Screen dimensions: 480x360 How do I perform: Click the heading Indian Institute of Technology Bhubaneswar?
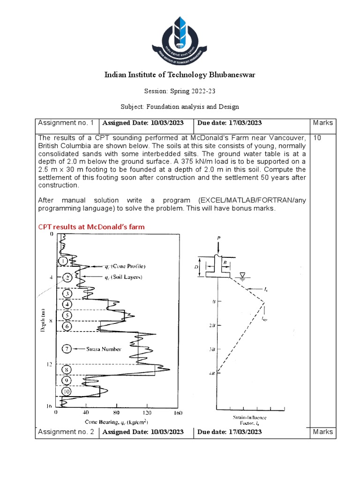180,75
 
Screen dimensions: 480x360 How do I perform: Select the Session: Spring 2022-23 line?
180,91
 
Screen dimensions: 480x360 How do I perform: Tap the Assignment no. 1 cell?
66,123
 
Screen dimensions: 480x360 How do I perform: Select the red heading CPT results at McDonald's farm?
91,227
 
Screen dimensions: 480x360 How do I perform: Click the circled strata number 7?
67,349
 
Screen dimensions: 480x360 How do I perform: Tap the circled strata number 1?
62,261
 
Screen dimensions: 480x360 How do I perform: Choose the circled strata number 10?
67,391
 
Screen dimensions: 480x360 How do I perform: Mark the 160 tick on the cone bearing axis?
177,413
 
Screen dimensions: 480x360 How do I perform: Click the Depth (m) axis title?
43,320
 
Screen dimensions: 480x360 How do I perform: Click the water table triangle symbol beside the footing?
242,275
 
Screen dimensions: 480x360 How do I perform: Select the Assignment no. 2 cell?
66,432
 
